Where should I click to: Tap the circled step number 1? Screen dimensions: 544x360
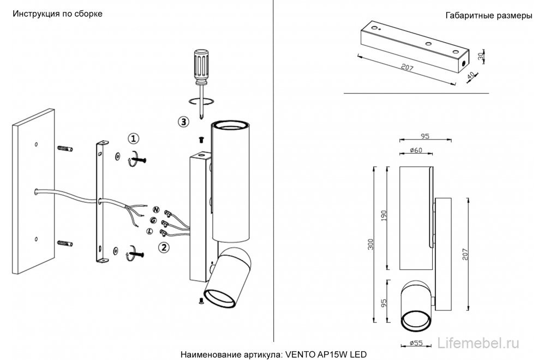134,139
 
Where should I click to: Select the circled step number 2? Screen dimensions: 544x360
164,247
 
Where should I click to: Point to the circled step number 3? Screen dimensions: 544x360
183,122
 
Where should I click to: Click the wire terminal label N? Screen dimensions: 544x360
157,209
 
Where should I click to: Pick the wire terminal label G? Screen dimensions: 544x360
153,220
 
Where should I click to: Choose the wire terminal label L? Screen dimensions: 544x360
150,231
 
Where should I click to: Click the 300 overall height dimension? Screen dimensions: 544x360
371,245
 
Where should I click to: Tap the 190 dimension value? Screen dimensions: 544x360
384,215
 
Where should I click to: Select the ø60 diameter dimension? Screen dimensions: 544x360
416,150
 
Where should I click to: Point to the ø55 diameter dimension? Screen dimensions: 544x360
416,343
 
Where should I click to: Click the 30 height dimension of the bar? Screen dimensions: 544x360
481,56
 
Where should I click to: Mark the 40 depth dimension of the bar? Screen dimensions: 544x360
471,75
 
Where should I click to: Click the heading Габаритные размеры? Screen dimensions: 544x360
488,16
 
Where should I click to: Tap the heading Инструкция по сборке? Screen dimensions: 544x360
58,14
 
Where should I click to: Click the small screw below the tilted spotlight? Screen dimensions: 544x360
201,302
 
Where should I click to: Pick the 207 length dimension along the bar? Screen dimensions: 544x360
407,67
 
